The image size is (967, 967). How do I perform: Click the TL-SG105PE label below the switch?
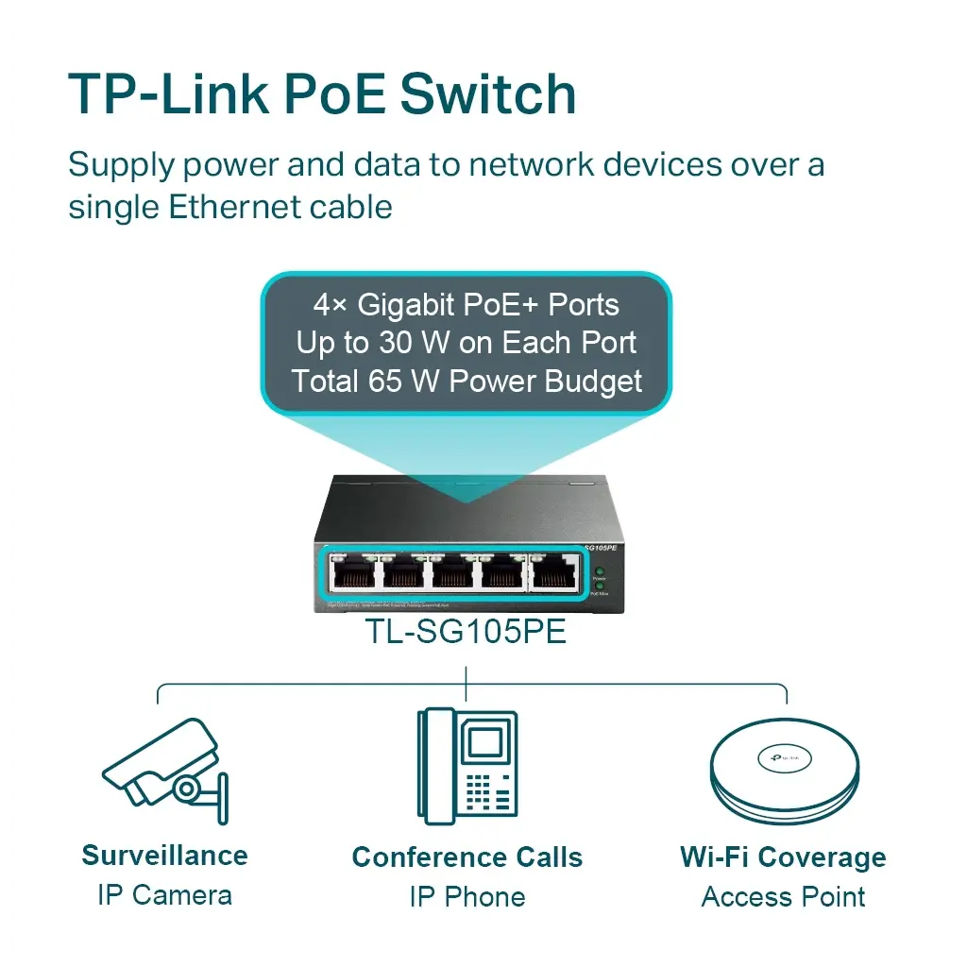[466, 632]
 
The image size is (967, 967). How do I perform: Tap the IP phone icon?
[467, 765]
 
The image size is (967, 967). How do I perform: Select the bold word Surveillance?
[164, 856]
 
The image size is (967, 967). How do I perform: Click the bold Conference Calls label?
[467, 857]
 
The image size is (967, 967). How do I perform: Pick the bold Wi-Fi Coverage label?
[783, 857]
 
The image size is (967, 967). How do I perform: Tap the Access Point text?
[783, 897]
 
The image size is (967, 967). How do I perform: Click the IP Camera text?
[164, 895]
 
